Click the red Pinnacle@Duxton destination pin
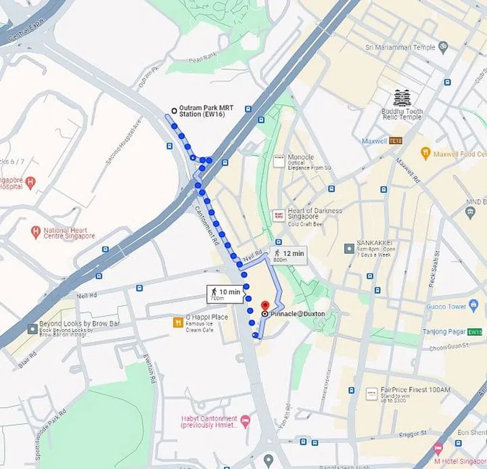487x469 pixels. [265, 305]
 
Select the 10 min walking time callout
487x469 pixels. [225, 294]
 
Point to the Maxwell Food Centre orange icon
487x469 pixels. [425, 154]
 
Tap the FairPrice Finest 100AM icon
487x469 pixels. [371, 394]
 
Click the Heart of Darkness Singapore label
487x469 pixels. [315, 210]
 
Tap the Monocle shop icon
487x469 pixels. [279, 161]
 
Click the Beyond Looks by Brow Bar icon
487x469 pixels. [32, 328]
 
